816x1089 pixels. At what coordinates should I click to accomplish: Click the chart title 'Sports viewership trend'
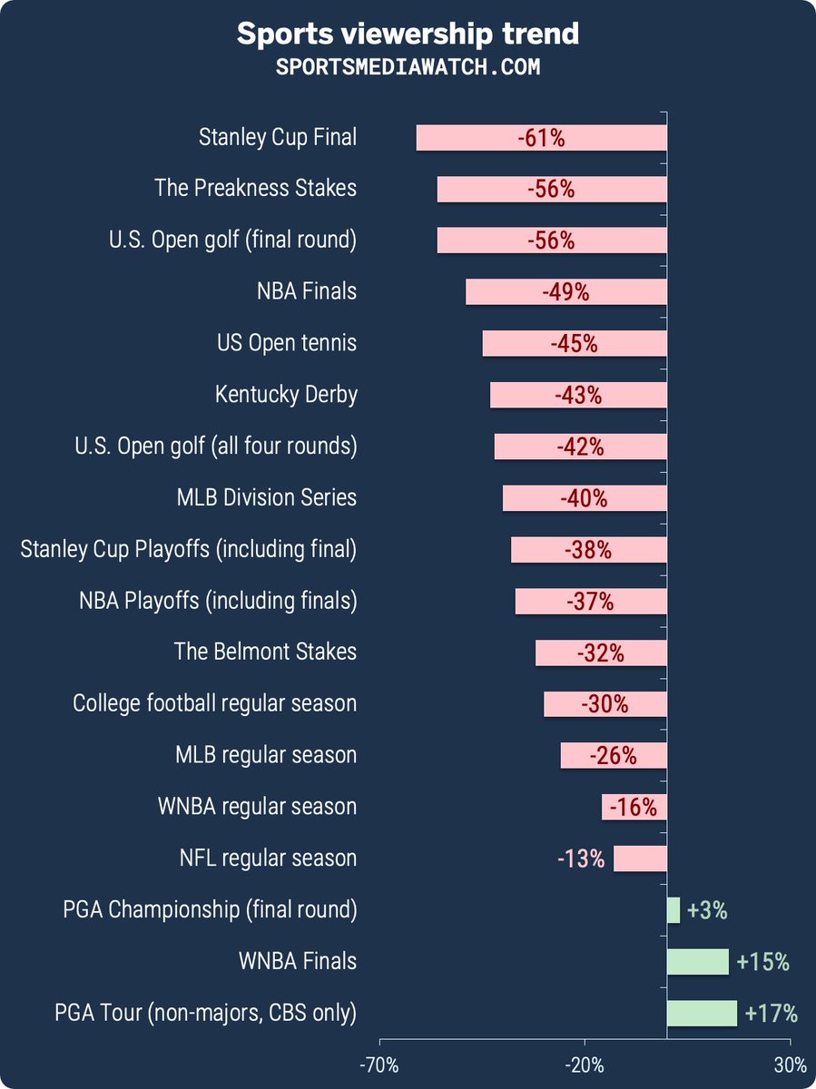(x=408, y=34)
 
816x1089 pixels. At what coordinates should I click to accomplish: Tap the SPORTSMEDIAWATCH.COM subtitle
(x=408, y=67)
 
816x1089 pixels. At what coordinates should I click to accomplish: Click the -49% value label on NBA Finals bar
(x=565, y=292)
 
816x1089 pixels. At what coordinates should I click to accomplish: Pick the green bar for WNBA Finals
(x=697, y=961)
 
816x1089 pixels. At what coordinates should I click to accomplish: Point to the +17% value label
(x=771, y=1013)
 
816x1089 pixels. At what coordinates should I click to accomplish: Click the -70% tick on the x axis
(x=379, y=1064)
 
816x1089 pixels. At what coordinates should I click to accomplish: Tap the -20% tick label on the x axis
(x=585, y=1064)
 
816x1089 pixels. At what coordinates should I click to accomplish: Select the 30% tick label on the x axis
(x=790, y=1064)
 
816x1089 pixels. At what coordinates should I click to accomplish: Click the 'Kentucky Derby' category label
(x=286, y=395)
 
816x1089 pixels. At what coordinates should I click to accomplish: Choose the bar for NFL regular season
(x=640, y=858)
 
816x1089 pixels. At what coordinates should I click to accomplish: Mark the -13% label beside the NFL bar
(x=581, y=858)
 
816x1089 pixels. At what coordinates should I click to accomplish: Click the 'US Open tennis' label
(x=286, y=343)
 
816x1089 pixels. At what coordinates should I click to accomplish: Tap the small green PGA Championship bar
(x=673, y=910)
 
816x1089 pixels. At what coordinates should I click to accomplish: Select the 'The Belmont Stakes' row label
(x=265, y=652)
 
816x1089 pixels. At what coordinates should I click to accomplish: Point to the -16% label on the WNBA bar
(x=633, y=807)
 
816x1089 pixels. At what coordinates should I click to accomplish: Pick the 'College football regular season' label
(x=214, y=703)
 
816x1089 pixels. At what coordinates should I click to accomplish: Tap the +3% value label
(x=708, y=910)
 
